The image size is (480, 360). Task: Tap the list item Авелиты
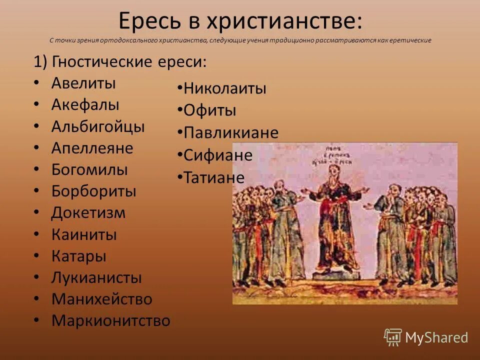(x=83, y=83)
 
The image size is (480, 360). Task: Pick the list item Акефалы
(x=85, y=104)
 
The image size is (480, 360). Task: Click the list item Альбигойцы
(x=98, y=126)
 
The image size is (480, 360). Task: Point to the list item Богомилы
(x=89, y=169)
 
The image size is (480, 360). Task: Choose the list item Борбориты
(x=93, y=191)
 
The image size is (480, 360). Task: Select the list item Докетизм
(x=88, y=213)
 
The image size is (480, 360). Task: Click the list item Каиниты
(x=84, y=234)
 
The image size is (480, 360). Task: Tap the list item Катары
(x=78, y=256)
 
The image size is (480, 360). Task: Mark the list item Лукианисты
(x=96, y=277)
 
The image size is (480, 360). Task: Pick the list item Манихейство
(x=101, y=299)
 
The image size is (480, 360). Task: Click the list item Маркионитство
(x=110, y=320)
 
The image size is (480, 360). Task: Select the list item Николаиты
(x=225, y=89)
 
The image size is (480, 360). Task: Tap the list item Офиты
(x=209, y=110)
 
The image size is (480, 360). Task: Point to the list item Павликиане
(x=231, y=132)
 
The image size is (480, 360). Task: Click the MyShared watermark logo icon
(x=393, y=337)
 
